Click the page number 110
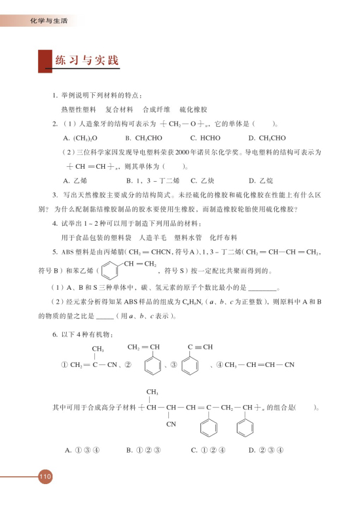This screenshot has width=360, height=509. (45, 476)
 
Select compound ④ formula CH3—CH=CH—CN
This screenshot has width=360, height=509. (257, 364)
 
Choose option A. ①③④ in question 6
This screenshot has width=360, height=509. (81, 449)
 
